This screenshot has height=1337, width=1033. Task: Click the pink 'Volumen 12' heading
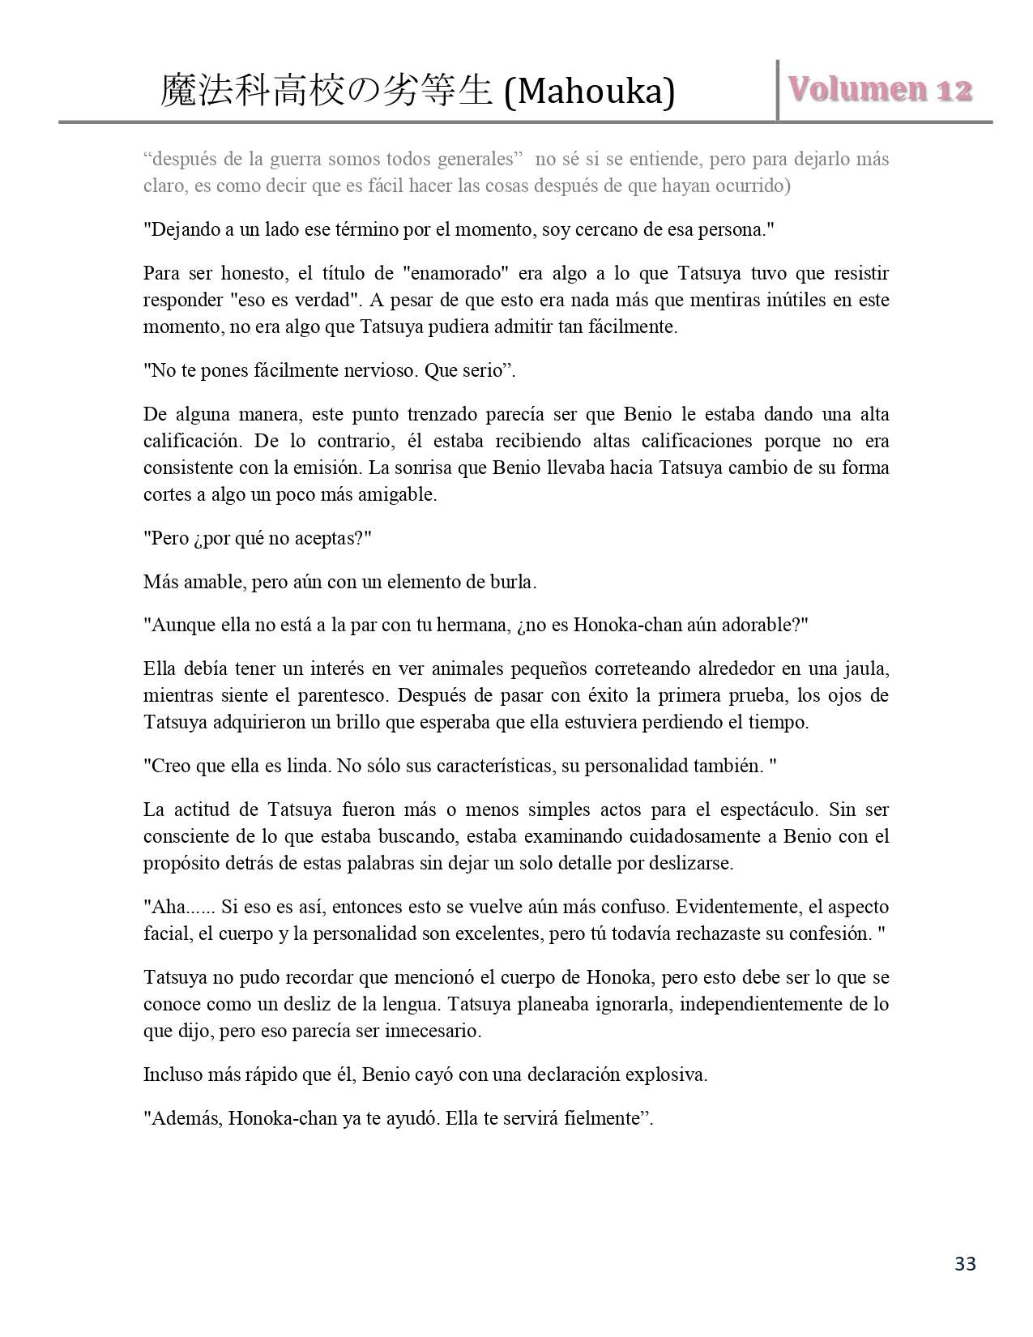[880, 89]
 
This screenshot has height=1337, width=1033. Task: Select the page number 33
[965, 1263]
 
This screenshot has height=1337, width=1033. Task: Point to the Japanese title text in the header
[327, 91]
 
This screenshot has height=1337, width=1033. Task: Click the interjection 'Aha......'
[179, 907]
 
